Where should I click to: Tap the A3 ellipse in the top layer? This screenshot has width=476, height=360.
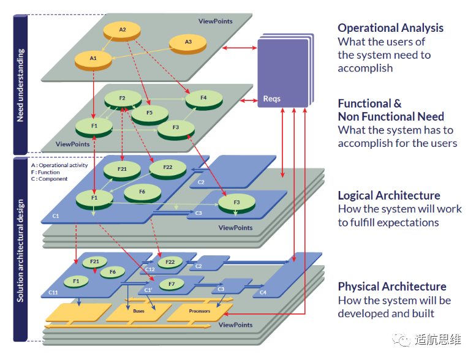pos(188,42)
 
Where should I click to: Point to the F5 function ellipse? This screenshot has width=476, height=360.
pos(149,113)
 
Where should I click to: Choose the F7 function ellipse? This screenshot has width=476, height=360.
pos(172,284)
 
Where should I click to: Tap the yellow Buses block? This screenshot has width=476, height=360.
pos(138,311)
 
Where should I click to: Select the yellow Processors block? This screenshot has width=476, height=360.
pos(199,311)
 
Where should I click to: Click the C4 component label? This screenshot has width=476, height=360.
pos(263,293)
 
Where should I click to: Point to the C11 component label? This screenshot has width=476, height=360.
pos(54,293)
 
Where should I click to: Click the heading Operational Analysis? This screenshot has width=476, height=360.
pos(390,28)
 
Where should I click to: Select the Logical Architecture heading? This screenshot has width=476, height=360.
pos(389,195)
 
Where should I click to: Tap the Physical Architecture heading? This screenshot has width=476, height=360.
pos(392,287)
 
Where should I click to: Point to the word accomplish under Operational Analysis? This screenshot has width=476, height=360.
pos(365,68)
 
